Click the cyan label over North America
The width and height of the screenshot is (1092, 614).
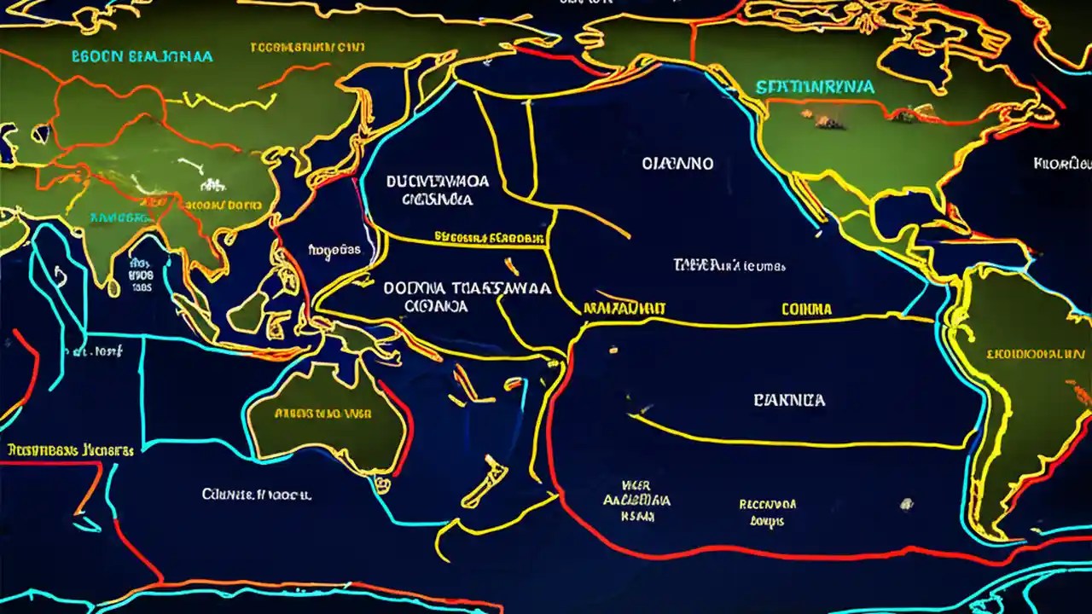coord(814,87)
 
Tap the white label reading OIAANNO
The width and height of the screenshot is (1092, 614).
coord(677,164)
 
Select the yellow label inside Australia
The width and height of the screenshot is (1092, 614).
coord(322,414)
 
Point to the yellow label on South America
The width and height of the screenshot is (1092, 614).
coord(1035,352)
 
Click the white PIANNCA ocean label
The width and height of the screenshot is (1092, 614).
coord(789,400)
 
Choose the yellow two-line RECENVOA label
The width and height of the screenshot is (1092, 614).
coord(767,511)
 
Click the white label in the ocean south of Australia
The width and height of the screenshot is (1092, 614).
coord(257,494)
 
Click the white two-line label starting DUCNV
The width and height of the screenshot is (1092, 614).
coord(437,190)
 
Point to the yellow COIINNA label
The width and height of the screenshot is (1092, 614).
coord(805,310)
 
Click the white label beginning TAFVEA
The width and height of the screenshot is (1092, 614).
coord(729,264)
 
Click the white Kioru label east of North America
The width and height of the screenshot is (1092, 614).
coord(1061,163)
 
